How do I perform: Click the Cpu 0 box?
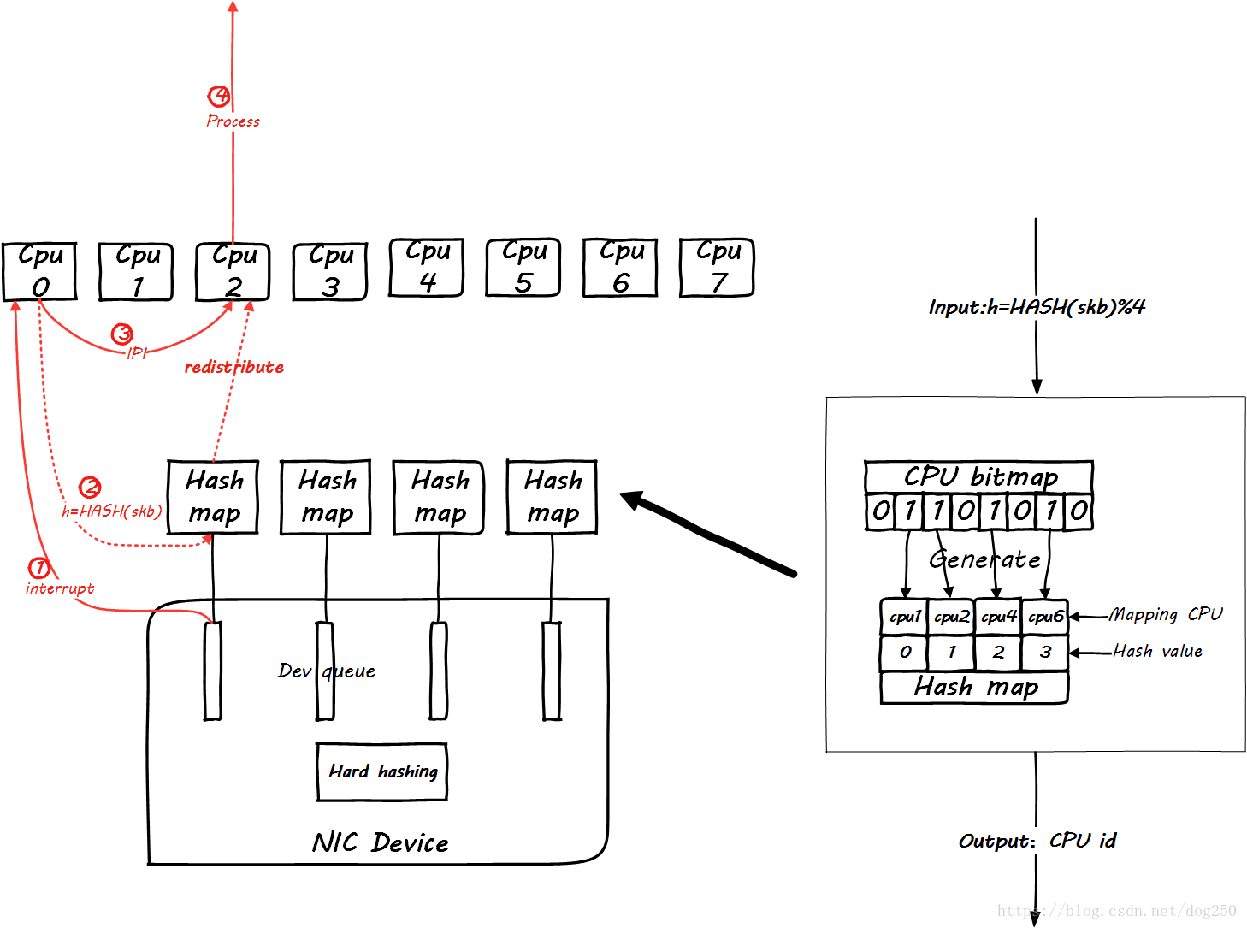click(x=39, y=271)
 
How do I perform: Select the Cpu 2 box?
click(x=233, y=271)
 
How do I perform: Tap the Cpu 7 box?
click(x=717, y=267)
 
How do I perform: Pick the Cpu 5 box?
click(x=523, y=267)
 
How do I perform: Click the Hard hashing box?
click(x=382, y=771)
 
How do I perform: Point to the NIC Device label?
click(x=381, y=843)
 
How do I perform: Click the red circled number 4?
click(x=219, y=96)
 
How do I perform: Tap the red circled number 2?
click(x=90, y=488)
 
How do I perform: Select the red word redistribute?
click(x=233, y=367)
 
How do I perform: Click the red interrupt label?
click(x=60, y=588)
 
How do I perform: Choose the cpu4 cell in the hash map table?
click(x=998, y=617)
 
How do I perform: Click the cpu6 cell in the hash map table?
click(x=1045, y=617)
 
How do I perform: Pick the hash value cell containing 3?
click(x=1045, y=653)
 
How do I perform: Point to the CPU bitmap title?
click(x=979, y=476)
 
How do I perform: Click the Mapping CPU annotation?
click(x=1166, y=614)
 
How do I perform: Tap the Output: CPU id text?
click(x=1037, y=841)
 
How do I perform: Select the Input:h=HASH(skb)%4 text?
click(x=1037, y=307)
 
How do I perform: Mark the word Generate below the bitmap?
click(x=985, y=559)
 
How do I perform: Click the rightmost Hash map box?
click(x=553, y=497)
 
